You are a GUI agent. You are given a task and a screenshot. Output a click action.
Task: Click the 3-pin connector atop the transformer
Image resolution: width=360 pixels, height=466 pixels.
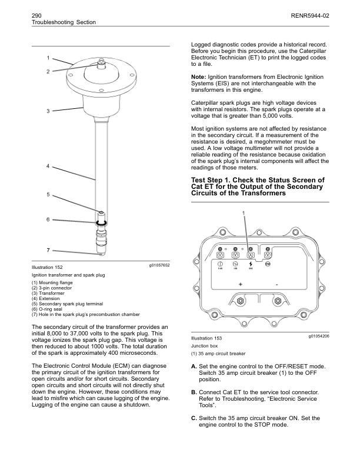[x=101, y=61]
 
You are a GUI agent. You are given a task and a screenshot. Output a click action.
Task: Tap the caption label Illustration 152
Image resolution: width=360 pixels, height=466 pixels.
[x=47, y=267]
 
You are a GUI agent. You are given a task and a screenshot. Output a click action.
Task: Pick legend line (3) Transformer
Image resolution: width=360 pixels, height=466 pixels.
[x=50, y=293]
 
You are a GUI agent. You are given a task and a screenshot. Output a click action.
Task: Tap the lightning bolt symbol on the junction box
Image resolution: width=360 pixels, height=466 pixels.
[x=251, y=264]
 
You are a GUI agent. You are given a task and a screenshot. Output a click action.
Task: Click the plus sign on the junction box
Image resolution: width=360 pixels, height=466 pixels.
[x=240, y=284]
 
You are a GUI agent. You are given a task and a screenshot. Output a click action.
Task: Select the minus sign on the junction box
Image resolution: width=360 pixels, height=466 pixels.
[x=276, y=284]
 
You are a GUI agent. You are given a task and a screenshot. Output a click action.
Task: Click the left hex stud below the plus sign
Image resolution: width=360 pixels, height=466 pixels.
[x=240, y=301]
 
